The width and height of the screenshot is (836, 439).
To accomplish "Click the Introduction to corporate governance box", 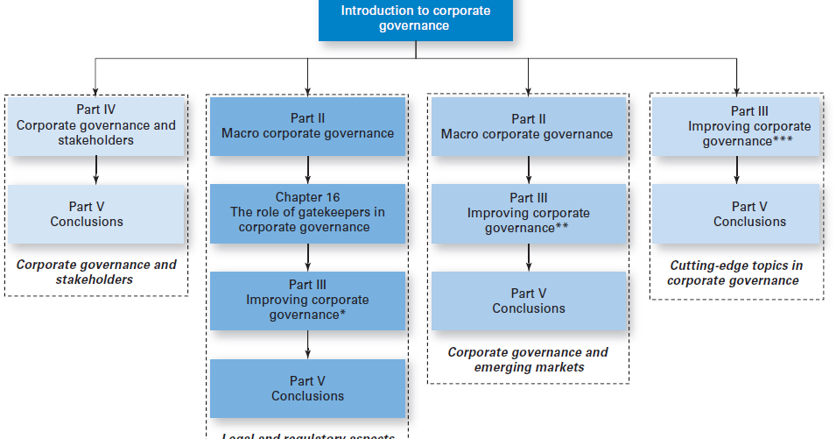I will pyautogui.click(x=415, y=19).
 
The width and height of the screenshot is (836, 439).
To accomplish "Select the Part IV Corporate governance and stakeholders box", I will pyautogui.click(x=95, y=126).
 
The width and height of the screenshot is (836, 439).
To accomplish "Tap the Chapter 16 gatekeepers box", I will pyautogui.click(x=307, y=213).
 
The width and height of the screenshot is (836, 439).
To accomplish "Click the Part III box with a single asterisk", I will pyautogui.click(x=307, y=301).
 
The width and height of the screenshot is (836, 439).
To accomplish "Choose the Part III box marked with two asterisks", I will pyautogui.click(x=528, y=214).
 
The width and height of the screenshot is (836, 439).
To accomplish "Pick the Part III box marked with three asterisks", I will pyautogui.click(x=736, y=126).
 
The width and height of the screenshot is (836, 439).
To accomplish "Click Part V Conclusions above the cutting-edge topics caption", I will pyautogui.click(x=736, y=214).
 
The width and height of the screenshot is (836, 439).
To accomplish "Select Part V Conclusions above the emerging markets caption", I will pyautogui.click(x=528, y=301).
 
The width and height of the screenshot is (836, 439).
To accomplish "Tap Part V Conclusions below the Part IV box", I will pyautogui.click(x=95, y=214).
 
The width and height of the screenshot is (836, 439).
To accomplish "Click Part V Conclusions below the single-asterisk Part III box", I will pyautogui.click(x=307, y=388).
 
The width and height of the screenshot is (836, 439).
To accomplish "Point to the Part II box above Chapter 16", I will pyautogui.click(x=307, y=126).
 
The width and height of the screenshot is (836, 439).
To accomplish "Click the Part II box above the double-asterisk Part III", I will pyautogui.click(x=528, y=126).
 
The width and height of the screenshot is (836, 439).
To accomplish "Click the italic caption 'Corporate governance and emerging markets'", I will pyautogui.click(x=528, y=359).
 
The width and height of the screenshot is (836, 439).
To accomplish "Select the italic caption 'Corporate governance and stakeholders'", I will pyautogui.click(x=95, y=272).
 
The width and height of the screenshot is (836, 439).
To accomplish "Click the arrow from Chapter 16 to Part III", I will pyautogui.click(x=307, y=258).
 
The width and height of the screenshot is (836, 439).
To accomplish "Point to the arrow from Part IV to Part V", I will pyautogui.click(x=95, y=170).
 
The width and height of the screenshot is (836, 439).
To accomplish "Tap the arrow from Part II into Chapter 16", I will pyautogui.click(x=307, y=170).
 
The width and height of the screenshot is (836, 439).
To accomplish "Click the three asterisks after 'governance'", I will pyautogui.click(x=783, y=141).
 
